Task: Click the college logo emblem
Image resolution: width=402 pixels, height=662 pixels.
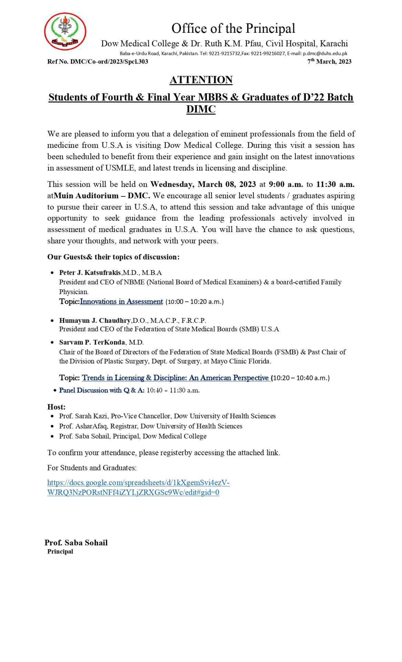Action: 65,31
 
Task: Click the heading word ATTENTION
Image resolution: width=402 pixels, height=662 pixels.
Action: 201,80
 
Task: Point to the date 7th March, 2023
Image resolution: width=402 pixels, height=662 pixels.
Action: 329,62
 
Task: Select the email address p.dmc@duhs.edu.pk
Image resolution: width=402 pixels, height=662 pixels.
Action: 325,53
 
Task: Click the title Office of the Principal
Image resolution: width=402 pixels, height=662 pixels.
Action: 233,28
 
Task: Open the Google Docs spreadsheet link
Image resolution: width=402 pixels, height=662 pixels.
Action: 138,487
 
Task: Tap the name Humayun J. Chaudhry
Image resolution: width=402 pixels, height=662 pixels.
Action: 95,320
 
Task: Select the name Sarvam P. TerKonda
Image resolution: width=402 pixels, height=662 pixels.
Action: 92,342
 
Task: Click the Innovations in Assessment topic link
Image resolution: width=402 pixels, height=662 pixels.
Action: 121,301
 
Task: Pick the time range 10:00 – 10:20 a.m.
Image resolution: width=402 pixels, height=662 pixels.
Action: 194,302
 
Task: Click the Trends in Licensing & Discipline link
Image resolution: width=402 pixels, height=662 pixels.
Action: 175,378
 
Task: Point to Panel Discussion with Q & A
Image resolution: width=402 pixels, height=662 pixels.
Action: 102,390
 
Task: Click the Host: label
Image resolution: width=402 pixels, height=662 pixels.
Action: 56,407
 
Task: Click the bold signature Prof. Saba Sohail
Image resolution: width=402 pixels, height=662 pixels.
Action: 76,542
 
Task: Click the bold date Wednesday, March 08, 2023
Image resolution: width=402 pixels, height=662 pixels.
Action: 203,184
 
